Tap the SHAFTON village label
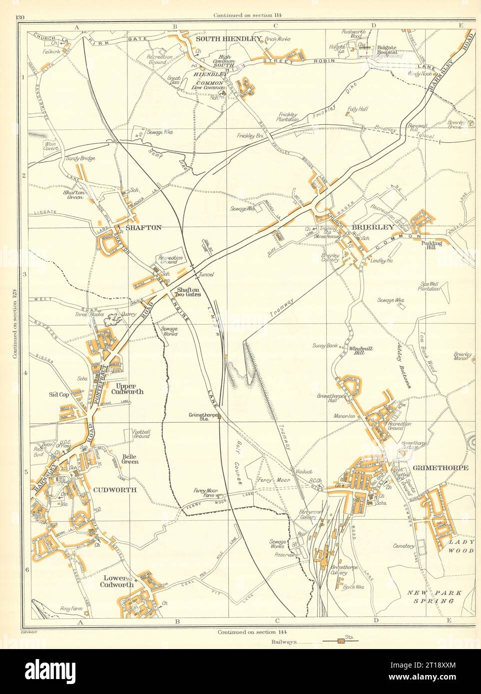click(x=143, y=227)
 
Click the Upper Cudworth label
click(x=129, y=388)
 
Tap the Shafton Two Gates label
click(x=187, y=292)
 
